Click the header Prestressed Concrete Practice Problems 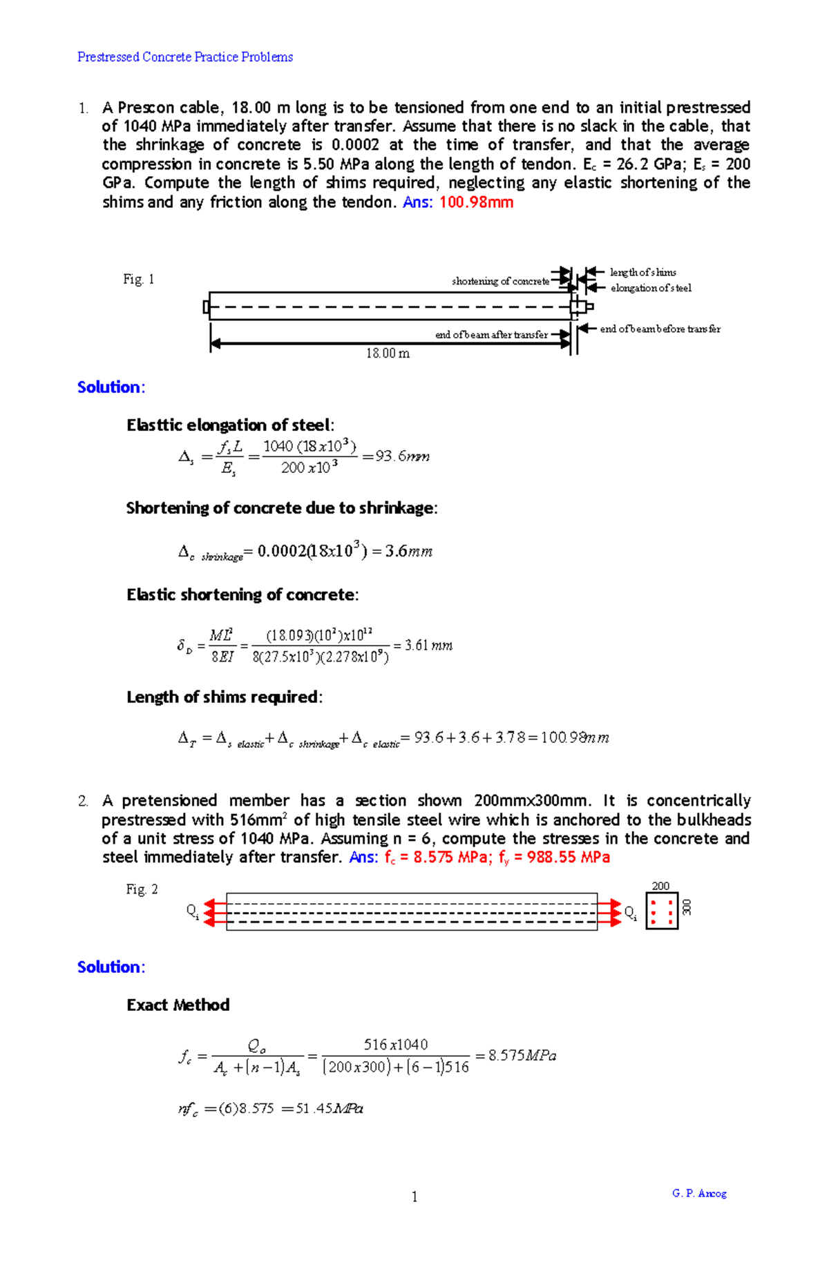(x=184, y=57)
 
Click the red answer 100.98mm (x=476, y=202)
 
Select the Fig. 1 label (x=138, y=279)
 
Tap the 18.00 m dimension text (x=388, y=354)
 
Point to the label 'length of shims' (x=642, y=272)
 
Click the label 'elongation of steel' (x=650, y=288)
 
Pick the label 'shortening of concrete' (x=500, y=281)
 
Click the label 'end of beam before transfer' (x=660, y=329)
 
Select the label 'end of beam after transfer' (x=491, y=335)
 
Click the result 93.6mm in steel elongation (x=402, y=456)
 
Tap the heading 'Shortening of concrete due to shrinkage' (x=281, y=508)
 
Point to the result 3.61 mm (x=428, y=646)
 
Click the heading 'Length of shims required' (x=224, y=697)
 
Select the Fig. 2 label (x=142, y=889)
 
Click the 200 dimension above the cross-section (x=660, y=886)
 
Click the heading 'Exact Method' (x=178, y=1005)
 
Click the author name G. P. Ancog (x=699, y=1193)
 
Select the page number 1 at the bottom (x=414, y=1197)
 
